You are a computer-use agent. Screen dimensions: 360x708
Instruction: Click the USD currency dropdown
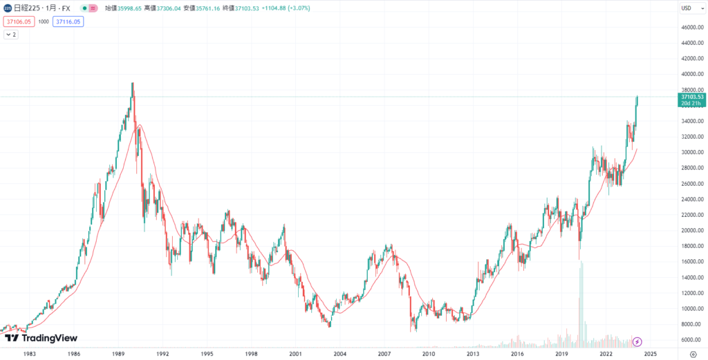pos(687,8)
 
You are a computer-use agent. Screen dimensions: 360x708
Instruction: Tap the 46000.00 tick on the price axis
pos(691,28)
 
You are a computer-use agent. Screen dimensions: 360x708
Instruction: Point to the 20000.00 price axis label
pos(691,230)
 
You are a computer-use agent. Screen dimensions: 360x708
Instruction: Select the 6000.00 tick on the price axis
pos(691,339)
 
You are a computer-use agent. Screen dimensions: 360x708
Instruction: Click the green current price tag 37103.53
pos(692,97)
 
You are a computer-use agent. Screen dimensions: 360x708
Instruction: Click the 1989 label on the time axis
pos(118,353)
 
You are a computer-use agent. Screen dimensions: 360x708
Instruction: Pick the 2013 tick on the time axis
pos(473,353)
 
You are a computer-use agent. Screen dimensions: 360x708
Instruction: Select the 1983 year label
pos(30,353)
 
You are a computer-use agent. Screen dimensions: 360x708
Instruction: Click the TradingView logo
pos(41,338)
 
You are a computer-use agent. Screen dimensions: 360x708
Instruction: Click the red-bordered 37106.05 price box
pos(18,21)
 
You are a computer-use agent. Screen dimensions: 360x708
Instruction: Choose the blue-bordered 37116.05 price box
pos(69,21)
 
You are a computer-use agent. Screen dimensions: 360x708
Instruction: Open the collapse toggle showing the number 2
pos(12,34)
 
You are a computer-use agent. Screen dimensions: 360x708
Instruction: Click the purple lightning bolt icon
pos(637,341)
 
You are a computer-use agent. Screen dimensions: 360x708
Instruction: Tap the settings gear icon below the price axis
pos(693,353)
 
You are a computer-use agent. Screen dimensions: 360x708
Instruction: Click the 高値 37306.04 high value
pos(159,8)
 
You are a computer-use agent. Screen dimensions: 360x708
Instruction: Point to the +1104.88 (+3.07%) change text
pos(281,8)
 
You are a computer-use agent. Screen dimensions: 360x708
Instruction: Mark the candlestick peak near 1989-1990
pos(133,84)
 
